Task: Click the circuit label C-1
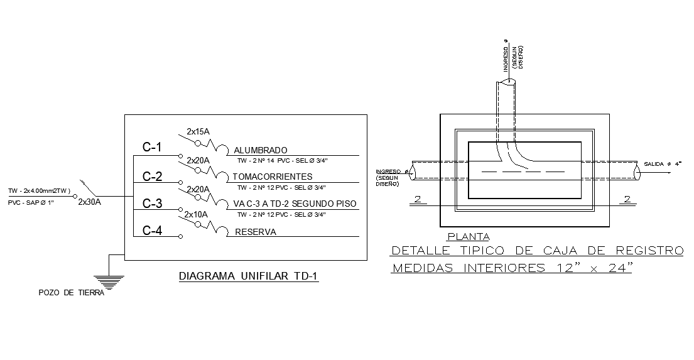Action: (152, 148)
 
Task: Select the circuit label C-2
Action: (152, 177)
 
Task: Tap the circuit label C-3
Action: (152, 204)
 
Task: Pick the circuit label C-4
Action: (152, 231)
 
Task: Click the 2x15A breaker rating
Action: (198, 132)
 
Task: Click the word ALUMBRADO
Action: (260, 151)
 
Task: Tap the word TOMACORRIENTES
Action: (272, 177)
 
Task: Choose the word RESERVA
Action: (256, 232)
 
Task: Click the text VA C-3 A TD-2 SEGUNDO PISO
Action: (295, 204)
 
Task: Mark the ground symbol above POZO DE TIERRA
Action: (109, 282)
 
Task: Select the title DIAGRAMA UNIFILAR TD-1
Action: (249, 276)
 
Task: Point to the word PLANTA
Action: (468, 237)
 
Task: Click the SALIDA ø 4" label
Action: (665, 164)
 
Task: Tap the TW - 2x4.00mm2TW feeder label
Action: (38, 191)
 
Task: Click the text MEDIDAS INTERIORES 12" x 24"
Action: (512, 269)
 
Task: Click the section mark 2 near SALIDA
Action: (626, 199)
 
